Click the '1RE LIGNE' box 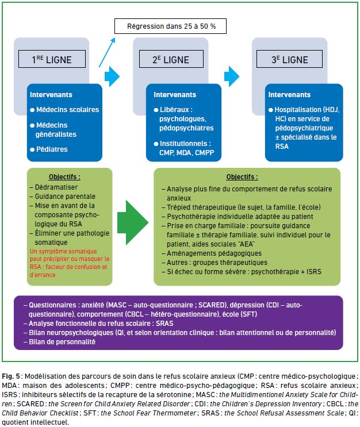(x=52, y=59)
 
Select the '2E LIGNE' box (x=171, y=59)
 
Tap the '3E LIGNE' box (x=289, y=59)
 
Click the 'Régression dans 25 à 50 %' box (x=170, y=26)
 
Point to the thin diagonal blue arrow (x=107, y=52)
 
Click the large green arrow (x=133, y=222)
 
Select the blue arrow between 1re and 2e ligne (x=112, y=76)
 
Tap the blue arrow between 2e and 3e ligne (x=232, y=76)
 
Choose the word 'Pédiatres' (x=52, y=149)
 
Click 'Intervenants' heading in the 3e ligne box (x=289, y=95)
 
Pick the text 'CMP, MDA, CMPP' (x=187, y=153)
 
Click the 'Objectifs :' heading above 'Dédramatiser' (x=64, y=177)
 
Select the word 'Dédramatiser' (x=56, y=187)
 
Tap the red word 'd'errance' (x=43, y=275)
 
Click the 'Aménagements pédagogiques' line (x=214, y=253)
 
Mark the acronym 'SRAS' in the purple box (x=164, y=324)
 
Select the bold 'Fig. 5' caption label (x=11, y=376)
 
